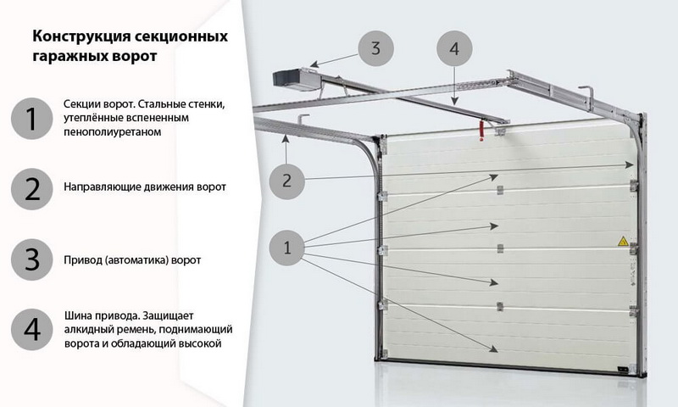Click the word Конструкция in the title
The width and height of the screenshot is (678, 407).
pyautogui.click(x=81, y=36)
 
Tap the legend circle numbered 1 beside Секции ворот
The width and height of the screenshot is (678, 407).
pyautogui.click(x=32, y=118)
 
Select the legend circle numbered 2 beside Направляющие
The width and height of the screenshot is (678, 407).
pyautogui.click(x=32, y=189)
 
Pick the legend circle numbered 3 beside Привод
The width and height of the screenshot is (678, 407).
pyautogui.click(x=32, y=259)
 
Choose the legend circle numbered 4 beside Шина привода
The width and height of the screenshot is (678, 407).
pyautogui.click(x=32, y=330)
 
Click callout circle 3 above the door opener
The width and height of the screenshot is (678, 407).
pyautogui.click(x=375, y=48)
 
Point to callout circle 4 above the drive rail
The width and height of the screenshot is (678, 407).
pyautogui.click(x=454, y=48)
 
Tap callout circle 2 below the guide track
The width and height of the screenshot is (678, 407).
pyautogui.click(x=286, y=181)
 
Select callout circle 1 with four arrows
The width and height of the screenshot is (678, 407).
pyautogui.click(x=286, y=248)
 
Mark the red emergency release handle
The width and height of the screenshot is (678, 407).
pyautogui.click(x=481, y=131)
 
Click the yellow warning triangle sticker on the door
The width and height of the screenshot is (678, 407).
pyautogui.click(x=623, y=241)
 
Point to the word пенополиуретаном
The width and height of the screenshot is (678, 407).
pyautogui.click(x=113, y=132)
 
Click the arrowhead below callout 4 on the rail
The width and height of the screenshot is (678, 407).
pyautogui.click(x=454, y=101)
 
